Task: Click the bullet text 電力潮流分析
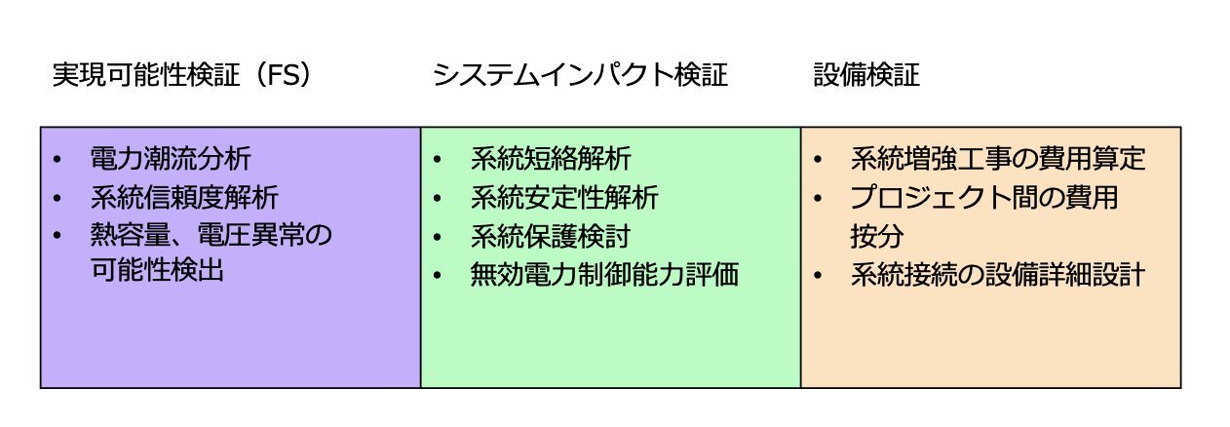pyautogui.click(x=171, y=159)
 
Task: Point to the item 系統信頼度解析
pyautogui.click(x=184, y=198)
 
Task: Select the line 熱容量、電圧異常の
pyautogui.click(x=211, y=236)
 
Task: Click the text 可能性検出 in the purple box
pyautogui.click(x=157, y=270)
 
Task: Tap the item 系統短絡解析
pyautogui.click(x=551, y=159)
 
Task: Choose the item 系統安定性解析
pyautogui.click(x=564, y=198)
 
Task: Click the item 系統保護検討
pyautogui.click(x=551, y=236)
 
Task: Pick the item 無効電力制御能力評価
pyautogui.click(x=604, y=275)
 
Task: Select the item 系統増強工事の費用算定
pyautogui.click(x=998, y=159)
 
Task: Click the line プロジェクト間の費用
pyautogui.click(x=984, y=198)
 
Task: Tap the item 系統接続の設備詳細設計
pyautogui.click(x=998, y=275)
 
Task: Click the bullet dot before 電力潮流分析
pyautogui.click(x=58, y=160)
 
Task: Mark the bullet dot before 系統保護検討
pyautogui.click(x=439, y=237)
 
